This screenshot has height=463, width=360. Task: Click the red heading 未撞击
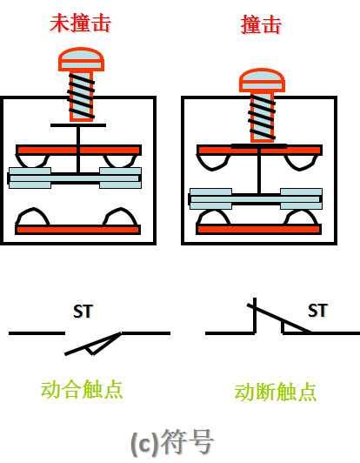80,23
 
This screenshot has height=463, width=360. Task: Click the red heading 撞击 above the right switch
261,24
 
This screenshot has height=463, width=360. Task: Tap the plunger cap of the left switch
81,60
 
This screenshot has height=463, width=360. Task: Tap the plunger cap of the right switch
262,80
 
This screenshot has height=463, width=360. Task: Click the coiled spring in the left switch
81,96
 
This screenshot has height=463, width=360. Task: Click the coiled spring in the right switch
262,117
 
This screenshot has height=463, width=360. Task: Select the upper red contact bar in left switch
78,150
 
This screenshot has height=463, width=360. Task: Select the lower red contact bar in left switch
78,230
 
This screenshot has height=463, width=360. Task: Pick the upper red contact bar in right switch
259,150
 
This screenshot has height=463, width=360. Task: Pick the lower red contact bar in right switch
259,230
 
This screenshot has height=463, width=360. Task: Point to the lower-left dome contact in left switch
32,217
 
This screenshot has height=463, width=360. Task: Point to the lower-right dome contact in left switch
120,217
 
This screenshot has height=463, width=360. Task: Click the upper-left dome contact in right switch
213,163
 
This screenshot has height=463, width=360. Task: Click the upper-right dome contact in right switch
301,163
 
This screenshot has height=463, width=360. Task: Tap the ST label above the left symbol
83,312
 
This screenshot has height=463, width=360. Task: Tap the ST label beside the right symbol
317,311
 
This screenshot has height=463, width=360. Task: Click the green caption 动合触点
82,389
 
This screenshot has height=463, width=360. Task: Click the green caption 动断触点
276,392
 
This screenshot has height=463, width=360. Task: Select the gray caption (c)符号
171,442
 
